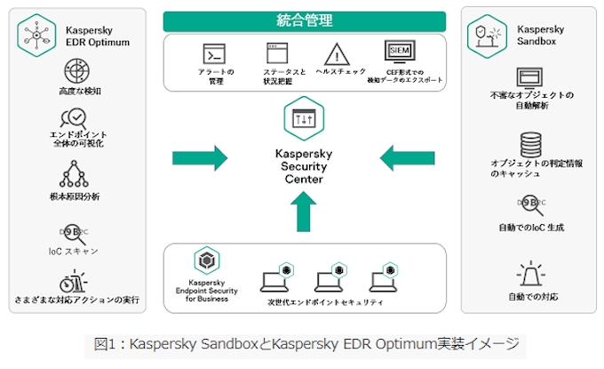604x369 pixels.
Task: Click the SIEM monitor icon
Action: [x=401, y=51]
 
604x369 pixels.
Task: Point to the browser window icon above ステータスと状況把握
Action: [x=275, y=52]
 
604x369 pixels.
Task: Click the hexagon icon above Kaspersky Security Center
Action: [x=304, y=117]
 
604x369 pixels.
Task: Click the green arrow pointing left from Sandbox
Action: [x=408, y=159]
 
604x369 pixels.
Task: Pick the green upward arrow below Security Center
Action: [x=304, y=211]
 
